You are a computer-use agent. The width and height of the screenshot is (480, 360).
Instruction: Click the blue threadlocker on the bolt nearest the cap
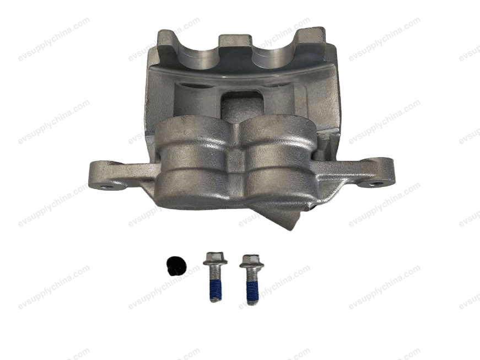tap(214, 288)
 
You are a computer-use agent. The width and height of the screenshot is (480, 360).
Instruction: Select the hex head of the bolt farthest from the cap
tap(251, 261)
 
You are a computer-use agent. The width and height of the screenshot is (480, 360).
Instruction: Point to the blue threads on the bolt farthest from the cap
tap(251, 289)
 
